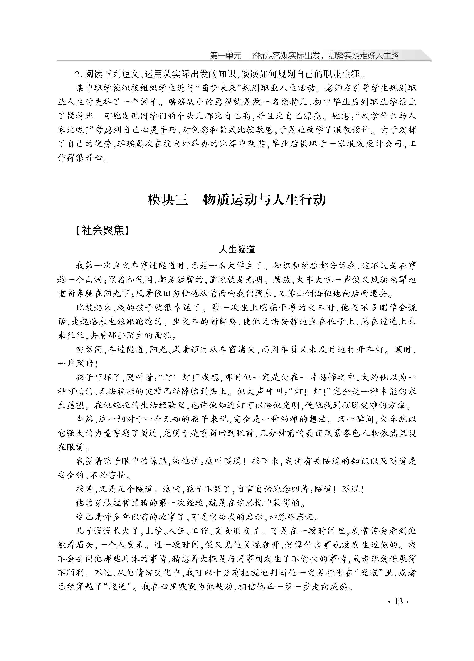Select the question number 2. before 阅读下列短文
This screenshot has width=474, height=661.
pyautogui.click(x=78, y=75)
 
